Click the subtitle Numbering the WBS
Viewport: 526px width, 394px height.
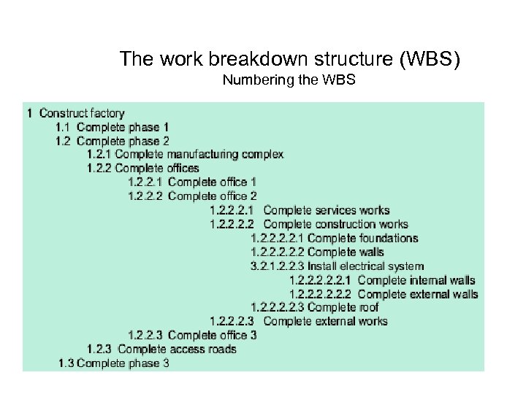coord(289,80)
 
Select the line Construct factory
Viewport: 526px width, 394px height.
coord(82,113)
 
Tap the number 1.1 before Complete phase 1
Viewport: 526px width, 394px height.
coord(63,127)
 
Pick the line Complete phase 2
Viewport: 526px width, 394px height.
coord(123,141)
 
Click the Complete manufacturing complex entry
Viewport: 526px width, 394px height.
coord(199,155)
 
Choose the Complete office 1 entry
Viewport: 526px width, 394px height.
coord(212,182)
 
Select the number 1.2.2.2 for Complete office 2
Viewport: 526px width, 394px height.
coord(145,196)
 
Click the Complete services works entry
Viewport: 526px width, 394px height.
coord(327,211)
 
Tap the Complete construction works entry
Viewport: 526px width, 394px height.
coord(335,224)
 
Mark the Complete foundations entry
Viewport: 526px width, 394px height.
coord(363,238)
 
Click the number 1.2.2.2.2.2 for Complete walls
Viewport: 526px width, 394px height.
coord(278,252)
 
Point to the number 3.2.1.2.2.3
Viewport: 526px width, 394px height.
coord(278,266)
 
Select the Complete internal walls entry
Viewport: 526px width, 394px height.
coord(416,280)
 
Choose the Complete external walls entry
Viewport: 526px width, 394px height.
coord(418,294)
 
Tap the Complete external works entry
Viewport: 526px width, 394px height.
coord(325,321)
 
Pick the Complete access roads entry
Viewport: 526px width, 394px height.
coord(177,349)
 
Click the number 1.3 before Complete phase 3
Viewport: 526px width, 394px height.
coord(66,363)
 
